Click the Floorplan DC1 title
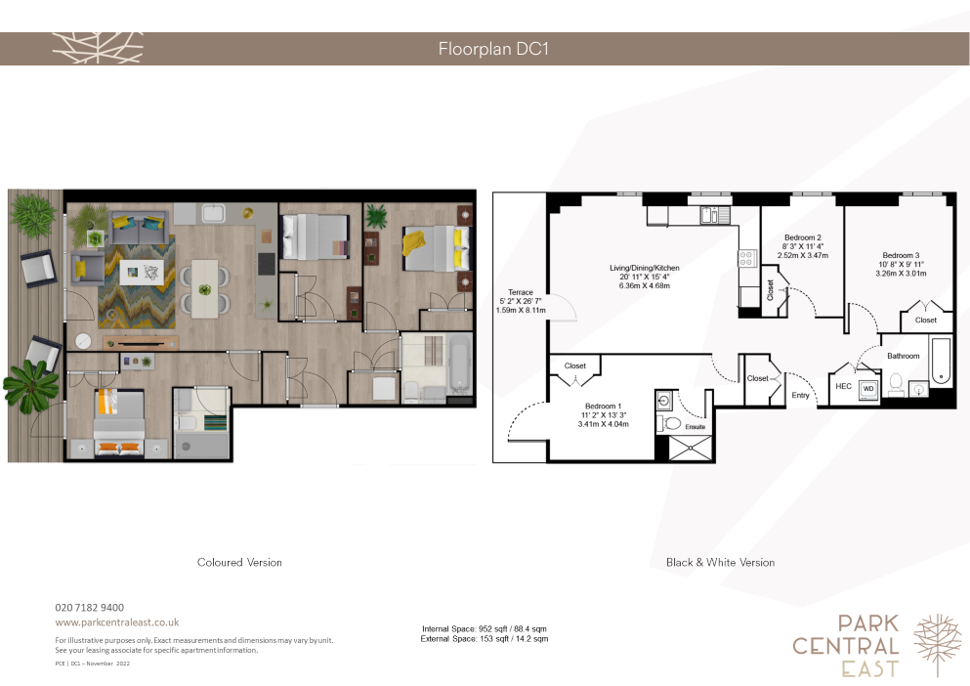pyautogui.click(x=493, y=49)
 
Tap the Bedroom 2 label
pyautogui.click(x=802, y=237)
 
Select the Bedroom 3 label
pyautogui.click(x=901, y=255)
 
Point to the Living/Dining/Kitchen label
pyautogui.click(x=645, y=268)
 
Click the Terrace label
pyautogui.click(x=521, y=292)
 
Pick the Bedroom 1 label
pyautogui.click(x=603, y=407)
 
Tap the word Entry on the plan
pyautogui.click(x=800, y=395)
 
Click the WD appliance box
pyautogui.click(x=868, y=390)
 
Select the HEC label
pyautogui.click(x=844, y=386)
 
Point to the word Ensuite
pyautogui.click(x=696, y=427)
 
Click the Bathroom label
pyautogui.click(x=904, y=356)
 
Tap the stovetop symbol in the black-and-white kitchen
pyautogui.click(x=747, y=258)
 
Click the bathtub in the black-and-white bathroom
pyautogui.click(x=941, y=361)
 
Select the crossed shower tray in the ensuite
pyautogui.click(x=691, y=449)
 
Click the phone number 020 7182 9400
pyautogui.click(x=90, y=608)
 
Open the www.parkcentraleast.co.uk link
pyautogui.click(x=117, y=622)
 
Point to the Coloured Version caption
pyautogui.click(x=239, y=562)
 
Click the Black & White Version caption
pyautogui.click(x=720, y=562)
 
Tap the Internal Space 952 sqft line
pyautogui.click(x=485, y=628)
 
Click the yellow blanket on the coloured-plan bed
pyautogui.click(x=413, y=241)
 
